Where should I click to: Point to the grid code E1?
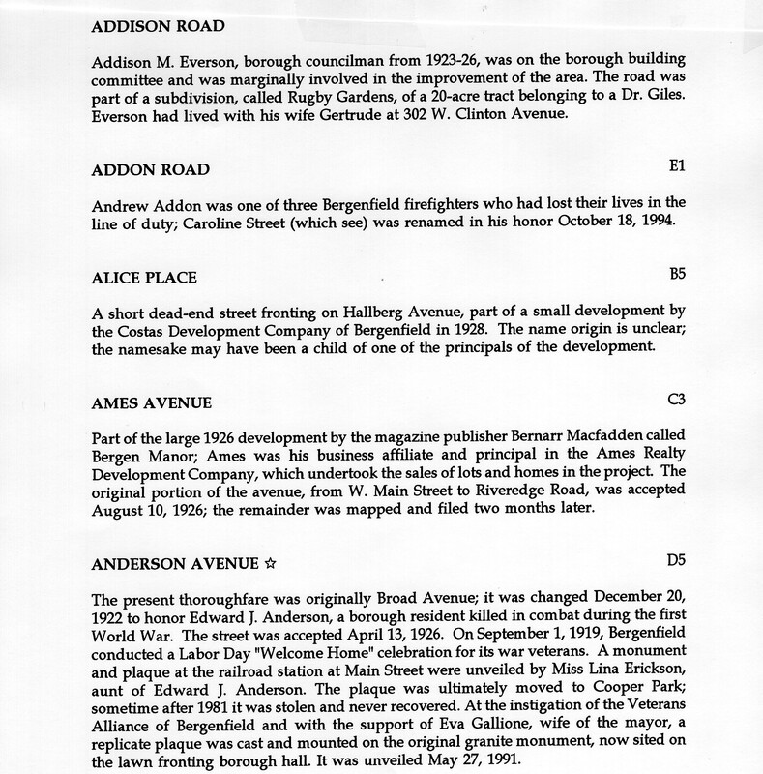tap(677, 166)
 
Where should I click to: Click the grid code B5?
tap(677, 277)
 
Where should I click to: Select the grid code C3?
tap(676, 398)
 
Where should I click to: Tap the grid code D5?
tap(676, 560)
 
